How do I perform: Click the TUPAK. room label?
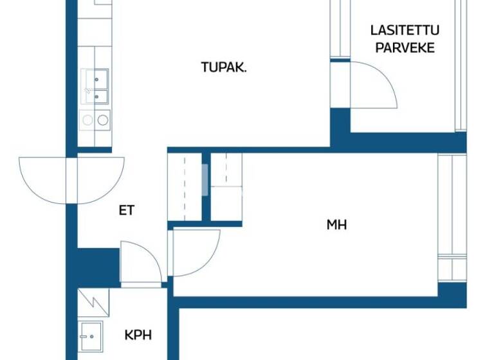point(223,67)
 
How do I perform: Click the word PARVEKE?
point(405,48)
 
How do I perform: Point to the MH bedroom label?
point(336,224)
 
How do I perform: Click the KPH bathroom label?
point(138,335)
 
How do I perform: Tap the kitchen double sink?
point(94,87)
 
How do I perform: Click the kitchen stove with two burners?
point(94,119)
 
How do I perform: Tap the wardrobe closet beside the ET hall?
point(185,186)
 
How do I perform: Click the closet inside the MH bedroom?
point(226,186)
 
